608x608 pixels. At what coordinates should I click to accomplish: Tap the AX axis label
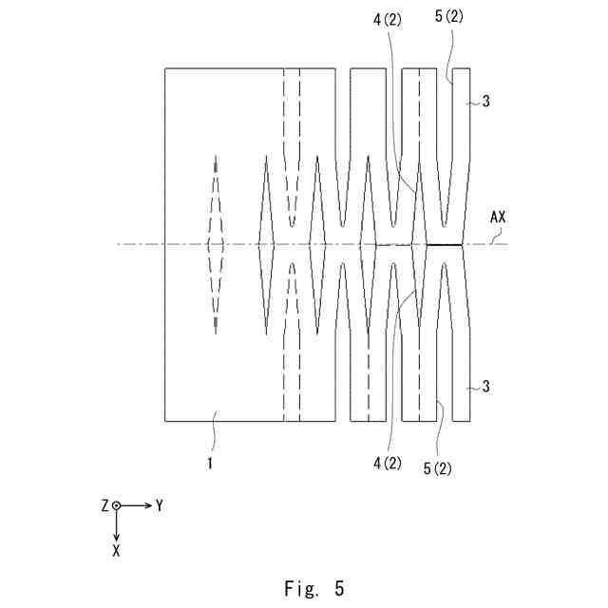[x=498, y=217]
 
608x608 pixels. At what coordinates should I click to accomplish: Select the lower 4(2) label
[x=388, y=463]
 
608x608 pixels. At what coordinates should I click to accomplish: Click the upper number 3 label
[x=486, y=102]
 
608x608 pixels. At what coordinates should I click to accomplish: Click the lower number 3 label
[x=486, y=387]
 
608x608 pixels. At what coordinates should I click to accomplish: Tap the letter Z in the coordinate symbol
[x=104, y=506]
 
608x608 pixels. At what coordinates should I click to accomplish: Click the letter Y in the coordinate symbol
[x=160, y=506]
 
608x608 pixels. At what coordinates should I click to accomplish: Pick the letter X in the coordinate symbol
[x=116, y=550]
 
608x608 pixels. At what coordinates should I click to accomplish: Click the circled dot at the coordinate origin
[x=116, y=506]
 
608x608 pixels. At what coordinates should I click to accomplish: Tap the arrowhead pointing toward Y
[x=147, y=506]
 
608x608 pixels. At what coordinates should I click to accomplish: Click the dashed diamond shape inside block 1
[x=216, y=244]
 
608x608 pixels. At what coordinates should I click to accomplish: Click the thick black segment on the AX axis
[x=444, y=244]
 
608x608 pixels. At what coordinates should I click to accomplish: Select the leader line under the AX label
[x=492, y=235]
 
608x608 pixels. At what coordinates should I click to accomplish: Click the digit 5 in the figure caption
[x=339, y=589]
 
